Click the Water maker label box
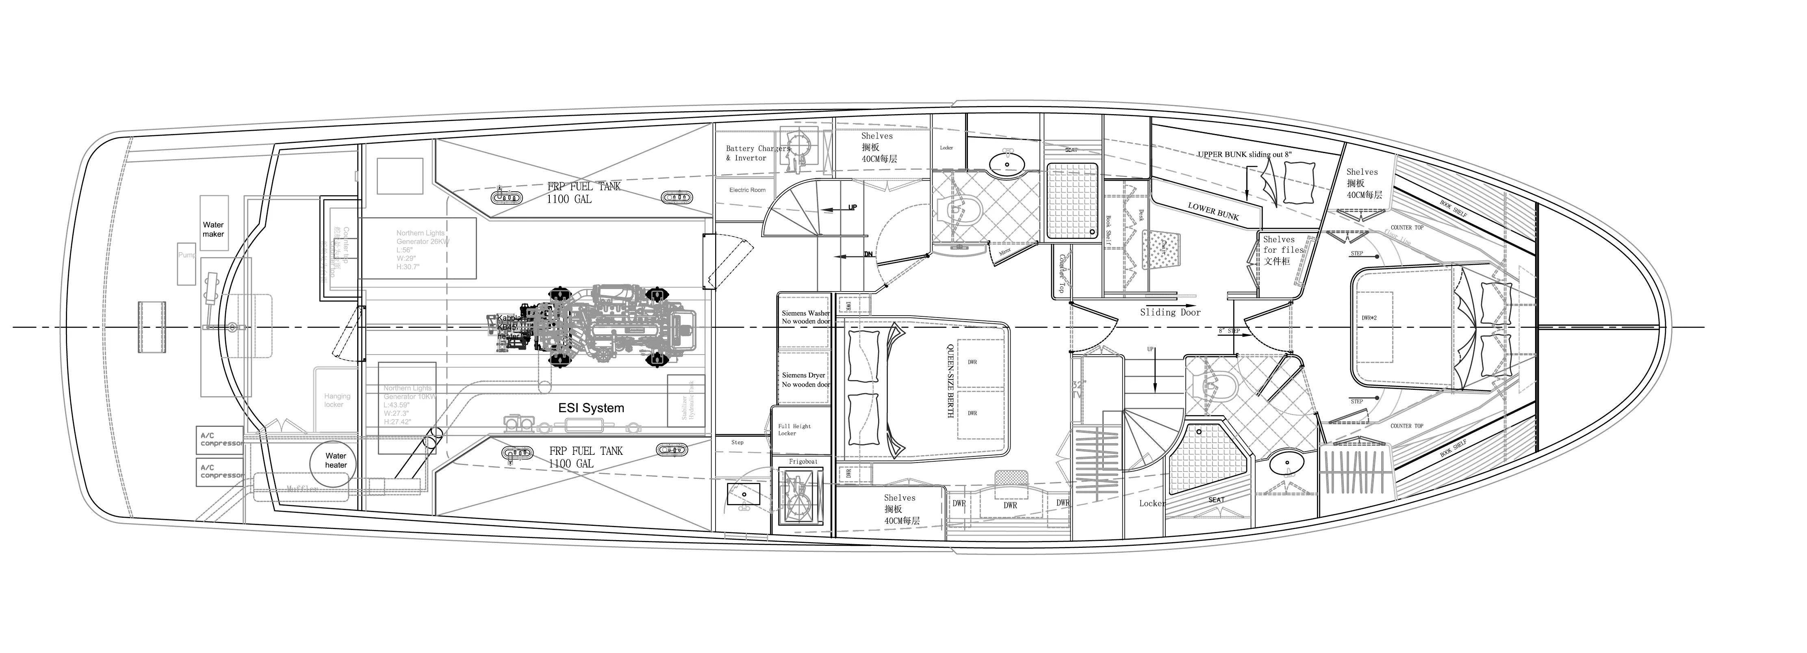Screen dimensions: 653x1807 [213, 229]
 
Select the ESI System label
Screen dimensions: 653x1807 [591, 407]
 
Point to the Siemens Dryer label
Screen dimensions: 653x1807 [805, 379]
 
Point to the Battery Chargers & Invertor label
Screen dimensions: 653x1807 [757, 153]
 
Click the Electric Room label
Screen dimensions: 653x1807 [747, 190]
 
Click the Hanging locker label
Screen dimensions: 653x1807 [337, 400]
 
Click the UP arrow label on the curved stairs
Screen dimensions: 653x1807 [852, 208]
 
